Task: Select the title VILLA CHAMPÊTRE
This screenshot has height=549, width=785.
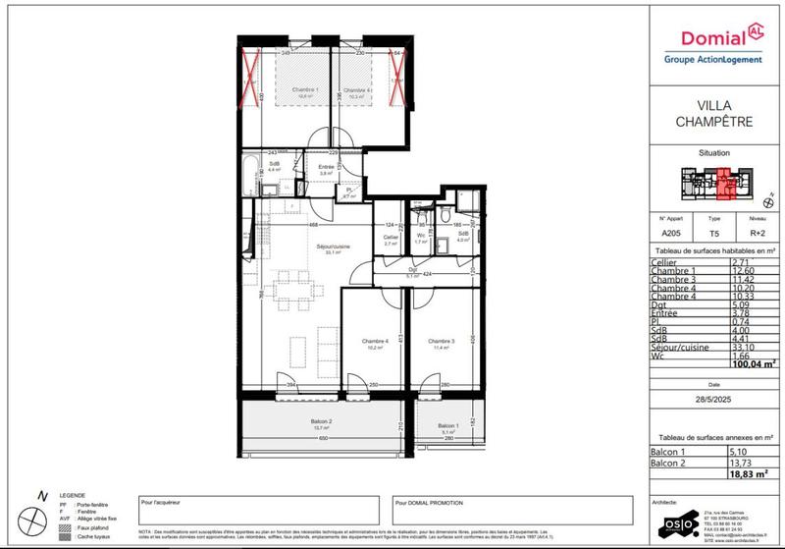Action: click(x=713, y=114)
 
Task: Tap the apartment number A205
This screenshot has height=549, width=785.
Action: click(x=671, y=235)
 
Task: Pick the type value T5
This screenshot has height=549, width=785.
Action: click(x=714, y=235)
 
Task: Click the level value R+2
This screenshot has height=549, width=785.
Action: click(x=757, y=235)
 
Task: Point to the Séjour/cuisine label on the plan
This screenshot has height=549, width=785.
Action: click(x=310, y=247)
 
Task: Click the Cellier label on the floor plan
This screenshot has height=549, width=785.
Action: click(x=391, y=237)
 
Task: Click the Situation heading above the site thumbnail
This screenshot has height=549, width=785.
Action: click(x=713, y=154)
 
